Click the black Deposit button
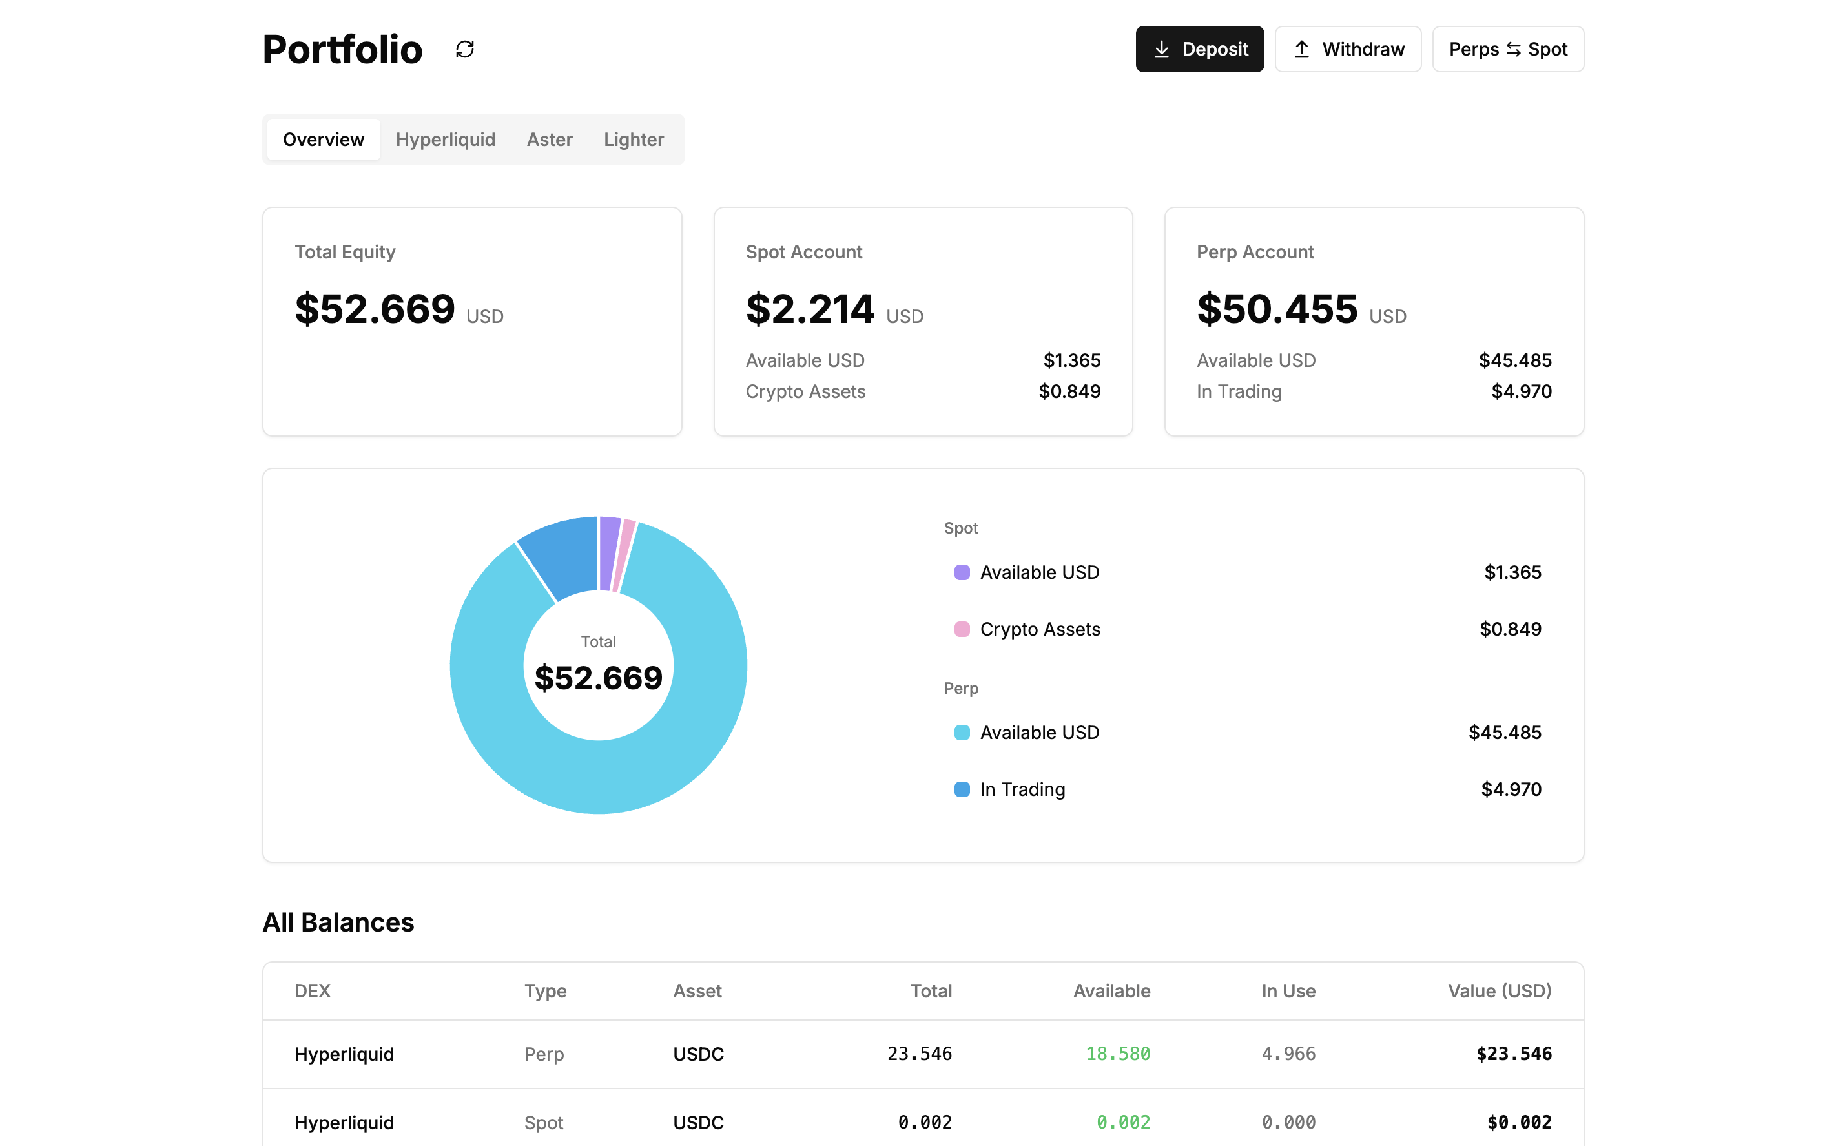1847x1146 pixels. [1199, 49]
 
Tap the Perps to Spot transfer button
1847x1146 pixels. [1507, 49]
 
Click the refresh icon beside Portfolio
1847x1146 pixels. [464, 49]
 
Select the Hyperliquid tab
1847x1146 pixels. [445, 140]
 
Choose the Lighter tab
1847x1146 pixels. [634, 140]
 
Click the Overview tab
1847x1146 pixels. [324, 140]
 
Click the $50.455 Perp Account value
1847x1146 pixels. [1277, 309]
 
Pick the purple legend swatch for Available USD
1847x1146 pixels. [962, 572]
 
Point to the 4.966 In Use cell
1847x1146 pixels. [1288, 1054]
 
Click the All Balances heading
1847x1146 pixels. [338, 922]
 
